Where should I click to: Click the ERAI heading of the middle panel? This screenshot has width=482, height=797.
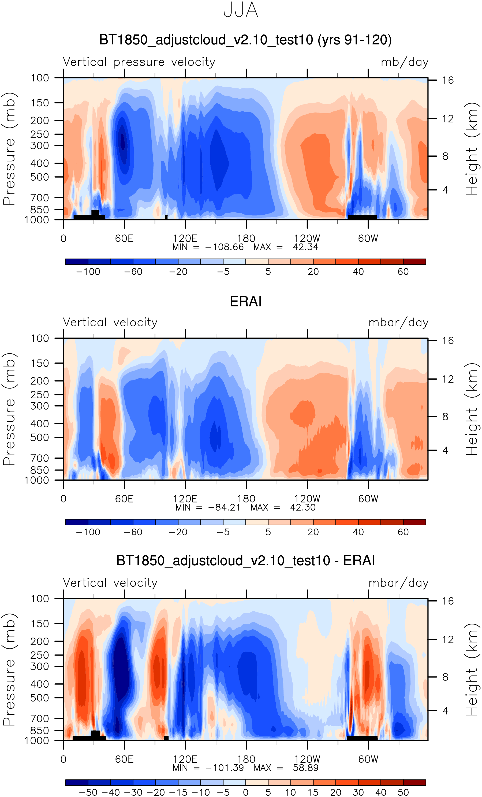point(245,301)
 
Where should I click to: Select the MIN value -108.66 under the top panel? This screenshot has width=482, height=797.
point(224,247)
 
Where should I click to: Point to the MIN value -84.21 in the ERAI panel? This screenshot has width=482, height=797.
point(224,507)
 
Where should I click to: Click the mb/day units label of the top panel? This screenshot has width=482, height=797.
point(404,62)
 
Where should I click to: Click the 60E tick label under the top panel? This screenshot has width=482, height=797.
point(124,238)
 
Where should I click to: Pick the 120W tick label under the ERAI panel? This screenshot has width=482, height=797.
point(307,499)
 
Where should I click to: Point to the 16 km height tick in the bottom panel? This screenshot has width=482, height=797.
point(448,601)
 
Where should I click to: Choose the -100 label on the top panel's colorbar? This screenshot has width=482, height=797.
point(88,272)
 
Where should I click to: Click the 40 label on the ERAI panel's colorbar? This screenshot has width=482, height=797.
point(358,532)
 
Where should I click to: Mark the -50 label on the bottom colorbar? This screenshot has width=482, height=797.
point(88,792)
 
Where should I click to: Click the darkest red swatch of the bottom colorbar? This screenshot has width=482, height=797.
point(414,783)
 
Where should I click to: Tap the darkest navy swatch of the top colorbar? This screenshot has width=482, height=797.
point(77,262)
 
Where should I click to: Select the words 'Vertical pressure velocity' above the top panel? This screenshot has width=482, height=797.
point(139,62)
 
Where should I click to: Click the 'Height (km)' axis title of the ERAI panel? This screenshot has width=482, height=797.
point(472,409)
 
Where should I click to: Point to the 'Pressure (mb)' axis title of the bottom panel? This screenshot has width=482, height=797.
point(9,669)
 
